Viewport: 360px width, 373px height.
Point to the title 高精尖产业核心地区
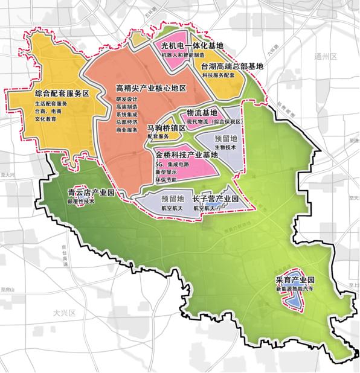coord(150,89)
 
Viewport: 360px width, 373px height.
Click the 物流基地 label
coord(202,112)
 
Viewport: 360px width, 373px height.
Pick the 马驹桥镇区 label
coord(167,128)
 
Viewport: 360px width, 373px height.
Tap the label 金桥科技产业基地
coord(186,155)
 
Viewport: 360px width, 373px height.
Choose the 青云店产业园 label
coord(91,193)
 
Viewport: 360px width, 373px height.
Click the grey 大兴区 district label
coord(62,313)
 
